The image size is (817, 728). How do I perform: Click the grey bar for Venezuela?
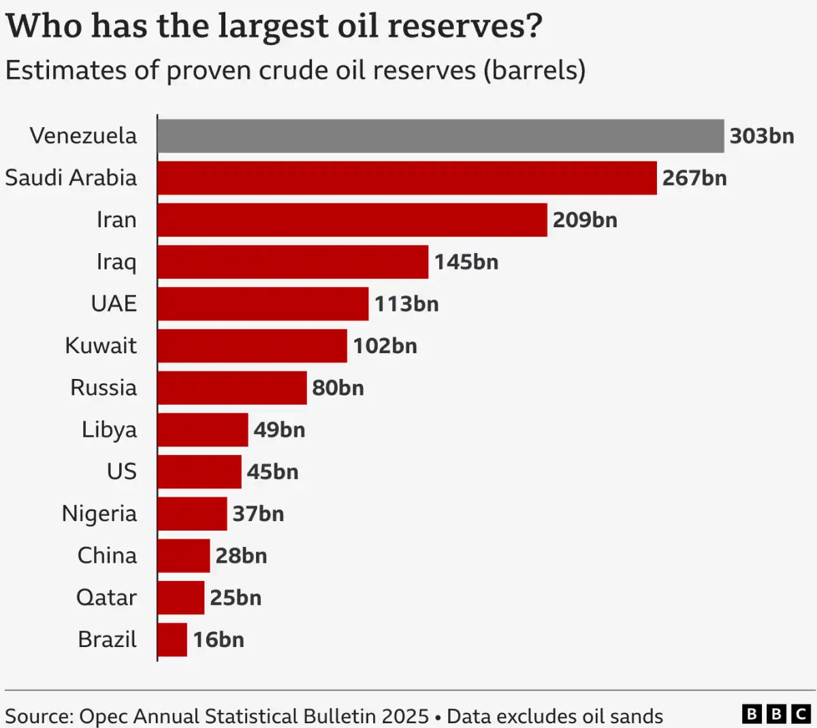coord(440,136)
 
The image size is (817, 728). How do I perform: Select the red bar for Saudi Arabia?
coord(406,178)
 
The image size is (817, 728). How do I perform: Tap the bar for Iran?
coord(352,220)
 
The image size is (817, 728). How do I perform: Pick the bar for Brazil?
coord(172,640)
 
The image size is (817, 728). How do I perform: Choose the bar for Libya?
coord(203,430)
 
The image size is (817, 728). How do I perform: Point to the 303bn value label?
coord(762,136)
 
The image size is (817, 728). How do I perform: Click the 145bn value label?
coord(466,262)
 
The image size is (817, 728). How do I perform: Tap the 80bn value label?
coord(338,388)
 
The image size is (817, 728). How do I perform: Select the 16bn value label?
coord(218,640)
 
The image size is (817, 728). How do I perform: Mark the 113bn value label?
coord(406,304)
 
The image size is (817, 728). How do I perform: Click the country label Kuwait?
coord(101,346)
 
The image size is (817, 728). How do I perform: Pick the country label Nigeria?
coord(99,514)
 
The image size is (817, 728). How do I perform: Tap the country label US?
coord(122,471)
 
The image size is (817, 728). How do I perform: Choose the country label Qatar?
coord(106,598)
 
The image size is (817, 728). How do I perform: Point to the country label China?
coord(107,556)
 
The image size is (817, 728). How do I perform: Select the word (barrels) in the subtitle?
coord(534,71)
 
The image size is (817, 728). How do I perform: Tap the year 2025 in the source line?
coord(405,716)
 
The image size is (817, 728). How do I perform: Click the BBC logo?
coord(775,714)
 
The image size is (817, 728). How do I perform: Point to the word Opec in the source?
coord(103,716)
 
